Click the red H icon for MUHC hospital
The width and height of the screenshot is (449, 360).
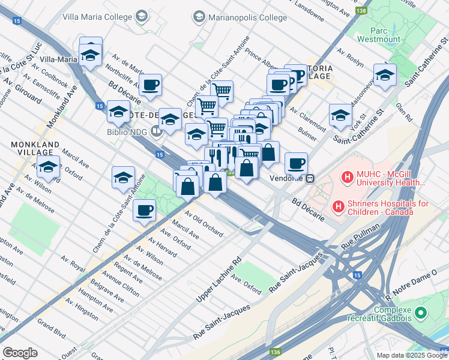coord(346,178)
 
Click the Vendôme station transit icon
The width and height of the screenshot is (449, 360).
coord(310,178)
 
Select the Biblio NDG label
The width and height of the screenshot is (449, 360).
coord(129,133)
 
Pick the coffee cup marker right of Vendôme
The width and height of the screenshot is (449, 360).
coord(295,163)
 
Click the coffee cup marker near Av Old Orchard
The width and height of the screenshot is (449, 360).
coord(145,211)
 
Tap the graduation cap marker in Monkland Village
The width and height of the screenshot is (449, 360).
coord(49,167)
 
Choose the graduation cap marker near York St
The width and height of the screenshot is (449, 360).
coord(340,115)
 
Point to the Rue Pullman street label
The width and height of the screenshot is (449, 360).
coord(360,236)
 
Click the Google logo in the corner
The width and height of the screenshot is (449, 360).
coord(20,353)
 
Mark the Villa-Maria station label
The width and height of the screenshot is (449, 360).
coord(59,59)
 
